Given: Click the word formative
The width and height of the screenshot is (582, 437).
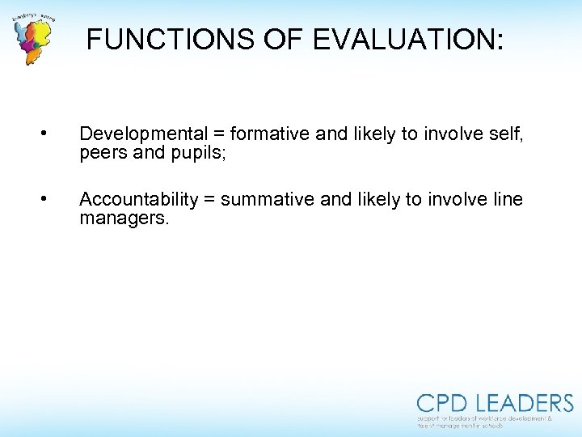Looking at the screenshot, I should tap(269, 134).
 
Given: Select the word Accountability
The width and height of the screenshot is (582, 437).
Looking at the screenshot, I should tap(138, 199).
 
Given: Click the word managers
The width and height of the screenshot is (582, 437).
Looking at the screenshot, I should tap(124, 217).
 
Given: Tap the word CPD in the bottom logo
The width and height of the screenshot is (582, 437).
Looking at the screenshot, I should tap(442, 404).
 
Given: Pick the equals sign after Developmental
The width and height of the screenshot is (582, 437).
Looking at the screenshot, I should tap(218, 134).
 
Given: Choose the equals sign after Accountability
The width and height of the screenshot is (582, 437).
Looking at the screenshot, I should tap(209, 199).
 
